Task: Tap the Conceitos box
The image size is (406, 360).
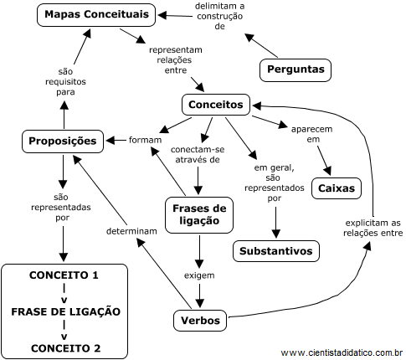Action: point(216,105)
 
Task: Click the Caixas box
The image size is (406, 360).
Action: point(337,188)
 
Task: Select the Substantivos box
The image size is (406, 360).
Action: point(275,250)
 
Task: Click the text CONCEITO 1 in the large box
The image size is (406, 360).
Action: point(64,275)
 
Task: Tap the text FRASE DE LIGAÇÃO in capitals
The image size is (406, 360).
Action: point(65,312)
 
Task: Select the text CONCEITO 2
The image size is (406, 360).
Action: point(64,347)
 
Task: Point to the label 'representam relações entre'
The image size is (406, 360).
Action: point(175,60)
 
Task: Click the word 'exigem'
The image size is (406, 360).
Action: point(199,274)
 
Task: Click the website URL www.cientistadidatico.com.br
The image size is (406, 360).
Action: point(342,352)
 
